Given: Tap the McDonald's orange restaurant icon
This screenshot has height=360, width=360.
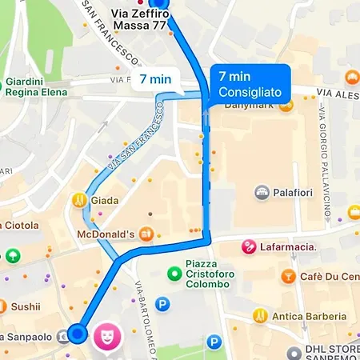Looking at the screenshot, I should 145,234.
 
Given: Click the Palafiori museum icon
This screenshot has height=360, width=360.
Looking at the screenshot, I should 262,193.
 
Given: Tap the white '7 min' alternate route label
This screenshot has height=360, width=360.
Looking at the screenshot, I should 155,79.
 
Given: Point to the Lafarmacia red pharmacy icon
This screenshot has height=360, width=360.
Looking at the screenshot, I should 250,246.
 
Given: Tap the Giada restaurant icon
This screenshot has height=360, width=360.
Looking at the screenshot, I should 79,201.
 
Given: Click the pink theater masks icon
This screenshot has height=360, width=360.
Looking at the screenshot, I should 104,336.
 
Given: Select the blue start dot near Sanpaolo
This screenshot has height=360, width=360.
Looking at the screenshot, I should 77,333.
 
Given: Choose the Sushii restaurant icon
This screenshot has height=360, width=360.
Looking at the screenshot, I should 2,306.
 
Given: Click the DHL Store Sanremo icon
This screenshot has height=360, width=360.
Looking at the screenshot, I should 293,350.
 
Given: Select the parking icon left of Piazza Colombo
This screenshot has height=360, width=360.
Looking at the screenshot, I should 163,304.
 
